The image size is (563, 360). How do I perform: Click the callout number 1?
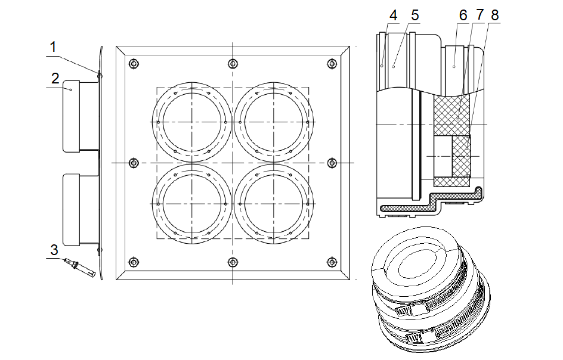53,47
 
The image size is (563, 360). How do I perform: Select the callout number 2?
55,79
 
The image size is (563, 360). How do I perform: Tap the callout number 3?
54,250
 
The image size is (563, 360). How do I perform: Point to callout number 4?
394,15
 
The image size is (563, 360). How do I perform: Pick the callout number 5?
415,15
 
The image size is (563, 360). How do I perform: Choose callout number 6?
463,15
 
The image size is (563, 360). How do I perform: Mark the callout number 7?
480,15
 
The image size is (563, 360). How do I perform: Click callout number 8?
495,15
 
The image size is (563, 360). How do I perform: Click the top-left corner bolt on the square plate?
134,64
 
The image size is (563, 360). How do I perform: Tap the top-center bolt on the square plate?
233,64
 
